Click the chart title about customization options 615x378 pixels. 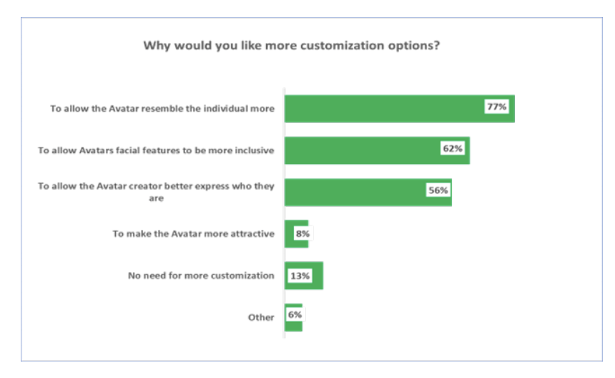click(x=291, y=47)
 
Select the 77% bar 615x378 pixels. click(x=386, y=108)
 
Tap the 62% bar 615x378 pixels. click(x=365, y=150)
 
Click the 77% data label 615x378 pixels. click(x=496, y=107)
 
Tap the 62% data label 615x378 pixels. click(x=452, y=149)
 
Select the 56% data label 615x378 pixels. click(x=438, y=191)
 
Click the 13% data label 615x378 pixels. click(x=300, y=276)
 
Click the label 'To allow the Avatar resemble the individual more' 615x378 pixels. click(x=162, y=108)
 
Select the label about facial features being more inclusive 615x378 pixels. click(x=156, y=150)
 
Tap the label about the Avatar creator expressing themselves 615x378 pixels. click(x=156, y=192)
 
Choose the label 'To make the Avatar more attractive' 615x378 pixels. click(x=193, y=233)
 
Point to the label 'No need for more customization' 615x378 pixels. click(x=201, y=276)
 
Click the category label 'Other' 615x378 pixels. click(x=261, y=317)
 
